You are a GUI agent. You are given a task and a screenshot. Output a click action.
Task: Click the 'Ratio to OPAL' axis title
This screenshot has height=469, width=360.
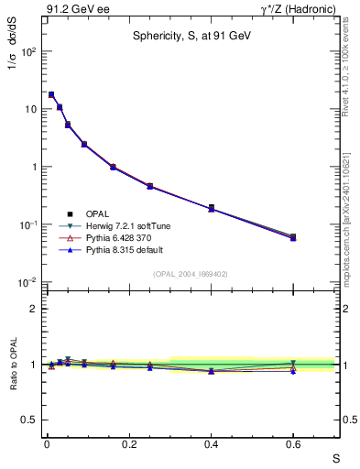(x=14, y=365)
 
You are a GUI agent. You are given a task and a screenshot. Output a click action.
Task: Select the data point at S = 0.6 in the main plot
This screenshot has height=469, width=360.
(x=293, y=237)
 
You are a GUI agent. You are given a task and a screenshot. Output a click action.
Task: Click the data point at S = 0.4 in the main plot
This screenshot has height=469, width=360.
(x=211, y=208)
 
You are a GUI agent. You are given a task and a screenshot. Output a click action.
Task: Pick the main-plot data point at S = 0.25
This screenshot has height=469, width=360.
(x=149, y=186)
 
